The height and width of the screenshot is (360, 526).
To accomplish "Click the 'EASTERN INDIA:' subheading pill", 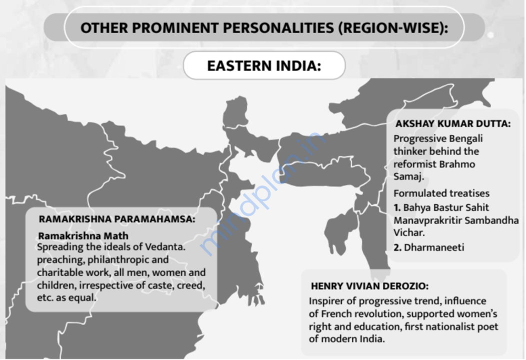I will [x=264, y=65].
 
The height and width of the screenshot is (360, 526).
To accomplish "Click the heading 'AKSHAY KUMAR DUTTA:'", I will [x=452, y=124].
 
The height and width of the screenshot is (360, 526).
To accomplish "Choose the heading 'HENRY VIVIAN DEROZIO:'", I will [x=370, y=286].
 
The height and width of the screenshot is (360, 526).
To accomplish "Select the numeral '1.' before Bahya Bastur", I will [x=397, y=207].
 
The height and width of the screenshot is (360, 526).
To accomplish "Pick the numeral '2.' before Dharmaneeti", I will [x=397, y=247].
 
